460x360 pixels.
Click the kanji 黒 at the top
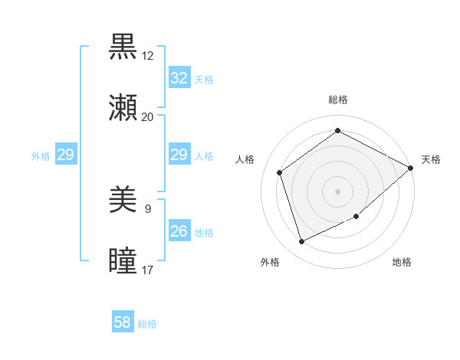pyautogui.click(x=123, y=47)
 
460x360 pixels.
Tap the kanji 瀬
pyautogui.click(x=123, y=108)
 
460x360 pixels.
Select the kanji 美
pyautogui.click(x=123, y=201)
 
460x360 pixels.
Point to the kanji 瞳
pyautogui.click(x=123, y=261)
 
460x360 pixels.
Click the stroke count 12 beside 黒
pyautogui.click(x=147, y=56)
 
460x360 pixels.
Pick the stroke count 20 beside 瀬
pyautogui.click(x=147, y=116)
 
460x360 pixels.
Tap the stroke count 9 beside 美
pyautogui.click(x=147, y=208)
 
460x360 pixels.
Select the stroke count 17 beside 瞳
pyautogui.click(x=147, y=270)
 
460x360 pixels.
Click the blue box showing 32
pyautogui.click(x=179, y=77)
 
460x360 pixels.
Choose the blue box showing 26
pyautogui.click(x=179, y=231)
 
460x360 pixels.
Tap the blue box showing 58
pyautogui.click(x=123, y=322)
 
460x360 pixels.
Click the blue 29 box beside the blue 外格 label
pyautogui.click(x=65, y=155)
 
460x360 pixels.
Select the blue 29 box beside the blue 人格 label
pyautogui.click(x=179, y=155)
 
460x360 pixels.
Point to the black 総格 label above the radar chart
pyautogui.click(x=338, y=100)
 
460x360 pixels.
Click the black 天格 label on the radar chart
pyautogui.click(x=431, y=159)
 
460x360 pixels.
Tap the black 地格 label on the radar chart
pyautogui.click(x=402, y=263)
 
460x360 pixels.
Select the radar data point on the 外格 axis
pyautogui.click(x=301, y=242)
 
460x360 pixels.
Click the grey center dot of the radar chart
pyautogui.click(x=338, y=191)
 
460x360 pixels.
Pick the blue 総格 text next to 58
pyautogui.click(x=147, y=324)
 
